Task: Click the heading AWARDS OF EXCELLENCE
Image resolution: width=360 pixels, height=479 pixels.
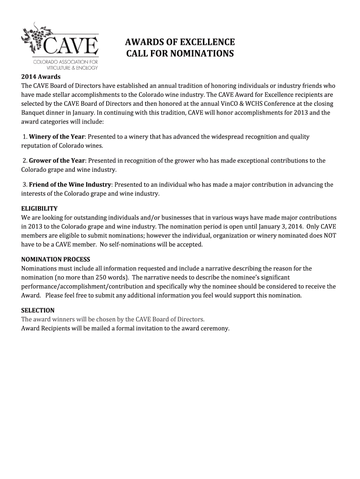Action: [x=180, y=41]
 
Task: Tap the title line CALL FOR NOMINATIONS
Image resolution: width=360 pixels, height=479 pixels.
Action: [x=180, y=53]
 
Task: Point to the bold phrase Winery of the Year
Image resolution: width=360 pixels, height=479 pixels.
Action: [x=57, y=137]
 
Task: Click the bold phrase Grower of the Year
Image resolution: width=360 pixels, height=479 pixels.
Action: [x=57, y=161]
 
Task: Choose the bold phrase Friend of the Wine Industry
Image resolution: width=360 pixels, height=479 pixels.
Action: [x=70, y=185]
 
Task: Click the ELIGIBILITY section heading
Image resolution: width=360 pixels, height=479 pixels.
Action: [x=40, y=209]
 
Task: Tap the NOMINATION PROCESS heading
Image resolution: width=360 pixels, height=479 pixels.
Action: [x=56, y=260]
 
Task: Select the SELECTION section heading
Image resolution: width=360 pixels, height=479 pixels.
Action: [x=38, y=310]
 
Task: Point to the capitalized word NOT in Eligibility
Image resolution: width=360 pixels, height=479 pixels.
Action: [x=330, y=236]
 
